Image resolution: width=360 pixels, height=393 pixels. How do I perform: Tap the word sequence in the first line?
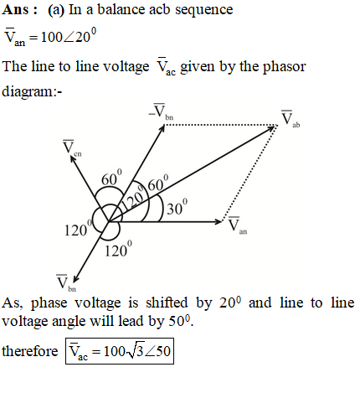(204, 11)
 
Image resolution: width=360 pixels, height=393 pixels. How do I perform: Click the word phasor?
(285, 67)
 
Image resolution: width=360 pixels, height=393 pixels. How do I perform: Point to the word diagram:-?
(32, 92)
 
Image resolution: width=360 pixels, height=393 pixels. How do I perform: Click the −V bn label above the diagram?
(161, 112)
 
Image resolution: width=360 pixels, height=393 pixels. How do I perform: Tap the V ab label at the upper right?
(291, 119)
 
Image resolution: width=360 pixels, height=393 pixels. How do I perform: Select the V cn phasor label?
(72, 148)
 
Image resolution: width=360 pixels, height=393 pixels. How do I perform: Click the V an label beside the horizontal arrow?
(238, 225)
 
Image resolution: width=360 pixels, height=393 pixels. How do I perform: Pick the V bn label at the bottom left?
(66, 283)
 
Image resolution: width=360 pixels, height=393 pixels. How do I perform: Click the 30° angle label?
(177, 207)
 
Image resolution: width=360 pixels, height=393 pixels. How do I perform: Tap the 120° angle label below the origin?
(118, 249)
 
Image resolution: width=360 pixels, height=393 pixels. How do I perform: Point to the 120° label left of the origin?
(78, 228)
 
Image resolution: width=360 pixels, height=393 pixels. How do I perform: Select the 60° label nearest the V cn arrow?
(111, 178)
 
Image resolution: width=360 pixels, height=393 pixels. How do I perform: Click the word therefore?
(30, 351)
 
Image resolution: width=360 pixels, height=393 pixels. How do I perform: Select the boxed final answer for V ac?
(120, 351)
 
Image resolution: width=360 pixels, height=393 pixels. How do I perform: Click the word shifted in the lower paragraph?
(167, 303)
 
